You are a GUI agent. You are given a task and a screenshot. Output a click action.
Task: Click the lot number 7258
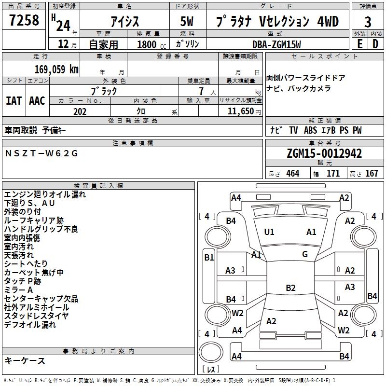click(24, 20)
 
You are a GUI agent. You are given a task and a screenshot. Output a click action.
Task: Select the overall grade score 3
click(368, 22)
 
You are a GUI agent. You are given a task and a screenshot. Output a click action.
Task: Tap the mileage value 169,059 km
click(56, 69)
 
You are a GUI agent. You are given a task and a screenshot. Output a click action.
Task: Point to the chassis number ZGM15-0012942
click(324, 153)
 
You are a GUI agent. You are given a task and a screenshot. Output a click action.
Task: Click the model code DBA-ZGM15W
click(276, 44)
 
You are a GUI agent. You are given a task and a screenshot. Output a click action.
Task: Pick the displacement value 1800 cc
click(152, 44)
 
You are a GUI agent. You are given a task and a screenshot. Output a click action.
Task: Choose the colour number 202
click(80, 111)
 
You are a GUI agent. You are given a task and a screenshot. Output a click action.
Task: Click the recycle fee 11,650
click(240, 111)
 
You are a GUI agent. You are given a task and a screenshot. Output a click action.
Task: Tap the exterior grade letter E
click(359, 44)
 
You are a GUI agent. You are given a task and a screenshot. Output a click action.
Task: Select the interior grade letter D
click(375, 44)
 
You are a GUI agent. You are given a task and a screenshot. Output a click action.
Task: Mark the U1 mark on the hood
click(269, 232)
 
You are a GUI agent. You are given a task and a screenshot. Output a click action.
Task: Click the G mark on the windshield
click(305, 254)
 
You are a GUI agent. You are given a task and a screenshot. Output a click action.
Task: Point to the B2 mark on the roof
click(290, 288)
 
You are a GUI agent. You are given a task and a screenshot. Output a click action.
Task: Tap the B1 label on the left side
click(209, 258)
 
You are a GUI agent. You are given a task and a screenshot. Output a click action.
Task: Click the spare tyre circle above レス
click(211, 352)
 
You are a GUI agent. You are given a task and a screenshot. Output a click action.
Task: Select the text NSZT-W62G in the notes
click(41, 153)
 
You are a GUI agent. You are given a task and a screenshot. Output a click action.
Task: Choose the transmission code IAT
click(14, 101)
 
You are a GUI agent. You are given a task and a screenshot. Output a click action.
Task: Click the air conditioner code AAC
click(37, 101)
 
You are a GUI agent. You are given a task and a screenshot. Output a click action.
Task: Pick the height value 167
click(372, 173)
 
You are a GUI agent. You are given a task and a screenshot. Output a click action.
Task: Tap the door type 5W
click(187, 21)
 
